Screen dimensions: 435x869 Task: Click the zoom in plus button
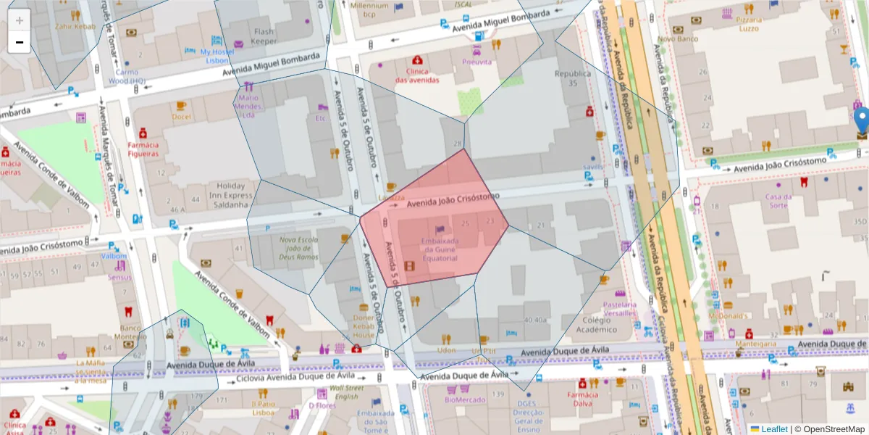point(20,20)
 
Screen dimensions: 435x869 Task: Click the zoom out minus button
point(20,42)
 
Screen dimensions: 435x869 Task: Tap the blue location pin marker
point(861,121)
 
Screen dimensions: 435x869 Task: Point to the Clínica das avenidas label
point(416,76)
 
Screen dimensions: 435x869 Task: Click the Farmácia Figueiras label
point(143,149)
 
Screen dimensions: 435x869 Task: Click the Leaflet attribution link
point(773,429)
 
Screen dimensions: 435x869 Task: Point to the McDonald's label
point(728,316)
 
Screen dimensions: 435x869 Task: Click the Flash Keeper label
point(264,36)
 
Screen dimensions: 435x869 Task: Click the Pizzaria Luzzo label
point(748,24)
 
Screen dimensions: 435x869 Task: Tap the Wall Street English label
point(343,392)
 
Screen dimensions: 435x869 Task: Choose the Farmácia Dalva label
point(583,399)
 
